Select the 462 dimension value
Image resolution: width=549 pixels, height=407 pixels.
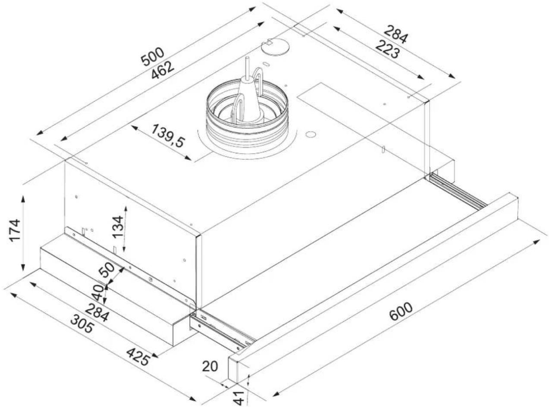[x=163, y=70]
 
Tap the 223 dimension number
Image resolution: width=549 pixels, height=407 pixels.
[x=387, y=50]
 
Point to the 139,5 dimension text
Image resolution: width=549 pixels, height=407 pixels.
[x=168, y=136]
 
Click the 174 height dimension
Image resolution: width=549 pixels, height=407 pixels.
[x=15, y=230]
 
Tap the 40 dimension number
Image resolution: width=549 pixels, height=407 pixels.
[x=98, y=292]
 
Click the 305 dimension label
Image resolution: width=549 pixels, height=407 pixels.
[x=82, y=324]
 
